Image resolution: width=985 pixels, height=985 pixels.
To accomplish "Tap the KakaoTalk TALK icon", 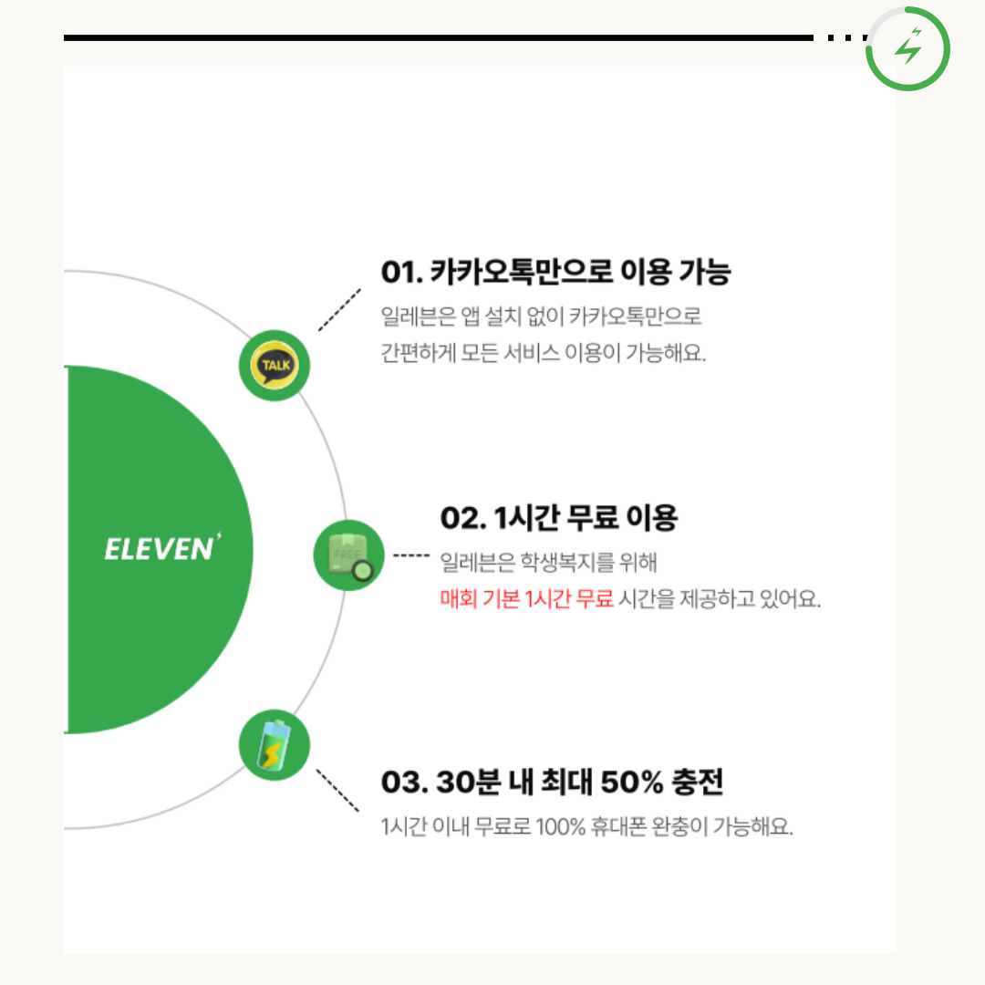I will pyautogui.click(x=275, y=366).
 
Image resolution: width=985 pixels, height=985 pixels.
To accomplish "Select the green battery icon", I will pyautogui.click(x=274, y=746).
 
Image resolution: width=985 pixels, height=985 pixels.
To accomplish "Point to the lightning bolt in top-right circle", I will pyautogui.click(x=908, y=48).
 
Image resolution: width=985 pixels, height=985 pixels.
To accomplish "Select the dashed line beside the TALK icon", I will pyautogui.click(x=339, y=310).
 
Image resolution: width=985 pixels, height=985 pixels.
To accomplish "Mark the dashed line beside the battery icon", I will pyautogui.click(x=337, y=791).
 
